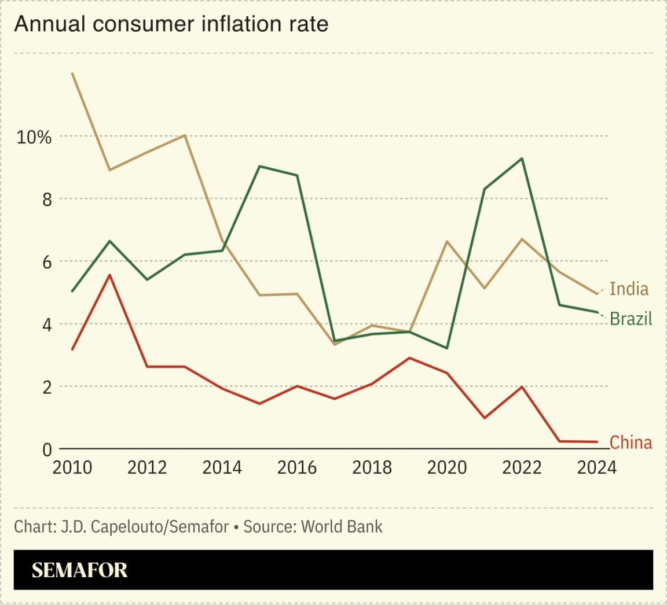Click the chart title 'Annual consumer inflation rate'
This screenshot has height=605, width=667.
171,24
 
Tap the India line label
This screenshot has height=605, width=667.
629,289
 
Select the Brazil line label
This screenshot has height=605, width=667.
631,319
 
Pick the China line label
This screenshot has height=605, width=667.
631,442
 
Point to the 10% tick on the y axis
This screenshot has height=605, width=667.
34,137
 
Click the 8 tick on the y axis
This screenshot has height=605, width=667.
46,200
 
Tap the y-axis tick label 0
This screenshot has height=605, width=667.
46,449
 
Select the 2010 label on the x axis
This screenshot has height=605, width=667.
72,467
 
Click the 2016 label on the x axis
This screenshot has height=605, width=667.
297,467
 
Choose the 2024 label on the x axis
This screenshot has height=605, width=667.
596,467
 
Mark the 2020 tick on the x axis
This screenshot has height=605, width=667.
446,467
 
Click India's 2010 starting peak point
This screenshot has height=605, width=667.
72,73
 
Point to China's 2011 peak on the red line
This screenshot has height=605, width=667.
109,275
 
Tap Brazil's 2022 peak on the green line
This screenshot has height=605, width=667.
522,158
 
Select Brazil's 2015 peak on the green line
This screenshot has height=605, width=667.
260,166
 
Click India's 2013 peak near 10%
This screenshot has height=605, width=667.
184,135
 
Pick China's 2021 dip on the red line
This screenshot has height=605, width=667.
484,418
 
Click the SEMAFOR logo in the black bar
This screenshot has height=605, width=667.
79,570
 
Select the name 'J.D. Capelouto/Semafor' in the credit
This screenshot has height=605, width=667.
145,527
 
